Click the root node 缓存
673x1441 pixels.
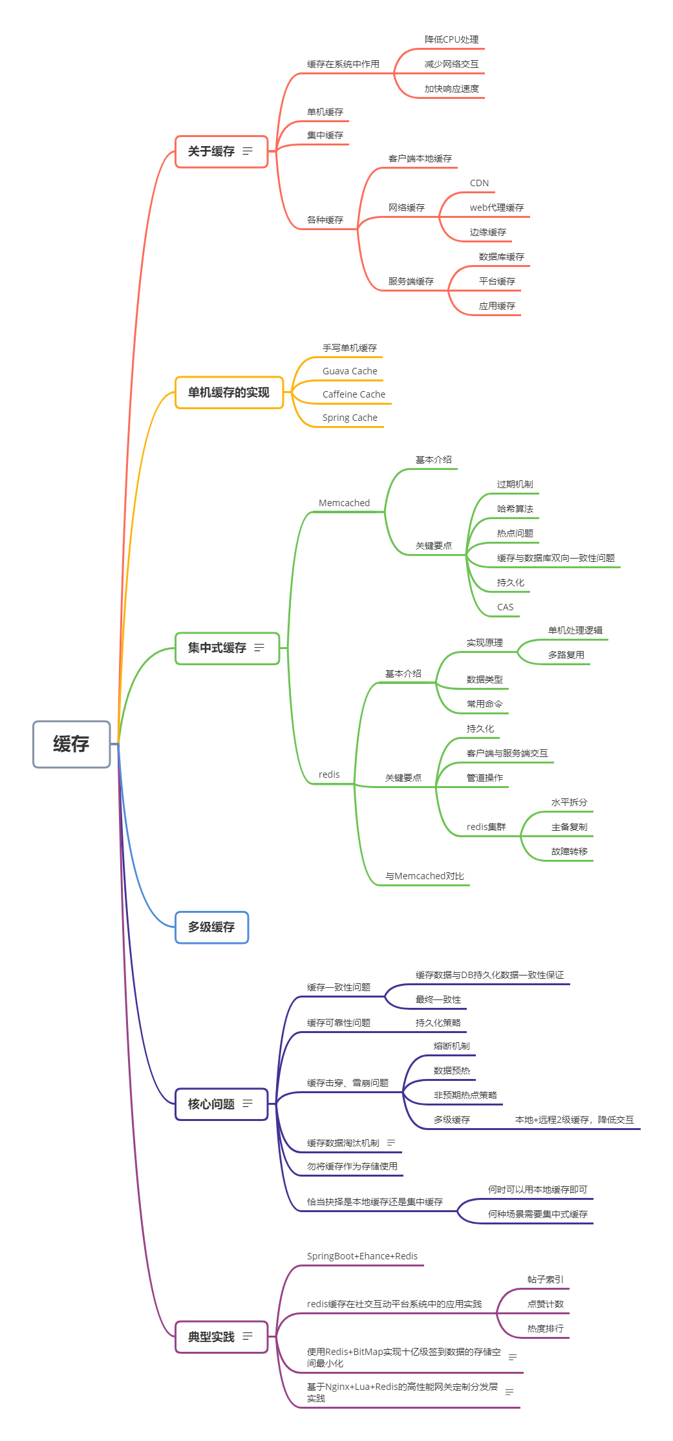click(72, 744)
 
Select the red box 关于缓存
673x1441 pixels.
click(221, 151)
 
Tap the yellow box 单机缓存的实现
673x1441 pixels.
click(230, 392)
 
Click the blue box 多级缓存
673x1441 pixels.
click(212, 927)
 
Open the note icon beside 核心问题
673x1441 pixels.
click(248, 1104)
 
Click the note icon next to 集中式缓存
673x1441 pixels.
click(259, 647)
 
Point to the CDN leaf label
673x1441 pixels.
click(479, 183)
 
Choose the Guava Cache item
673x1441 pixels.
click(350, 371)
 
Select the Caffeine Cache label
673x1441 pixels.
click(354, 394)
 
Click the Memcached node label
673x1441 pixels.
click(344, 503)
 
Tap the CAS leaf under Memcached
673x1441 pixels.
click(505, 607)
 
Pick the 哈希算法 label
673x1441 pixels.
click(515, 509)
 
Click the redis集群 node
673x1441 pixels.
click(486, 827)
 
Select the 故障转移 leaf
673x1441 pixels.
click(569, 851)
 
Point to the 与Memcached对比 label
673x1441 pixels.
click(424, 876)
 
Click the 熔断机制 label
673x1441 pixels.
click(451, 1046)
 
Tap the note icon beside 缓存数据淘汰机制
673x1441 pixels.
click(391, 1143)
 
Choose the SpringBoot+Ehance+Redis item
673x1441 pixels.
click(362, 1256)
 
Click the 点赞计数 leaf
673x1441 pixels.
click(545, 1304)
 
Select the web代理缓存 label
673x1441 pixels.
click(497, 208)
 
